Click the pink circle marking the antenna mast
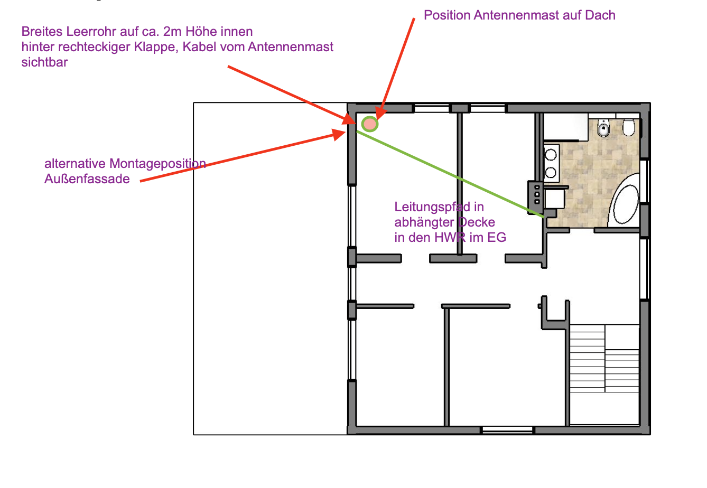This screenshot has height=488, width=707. point(369,124)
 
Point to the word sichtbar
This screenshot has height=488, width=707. point(44,62)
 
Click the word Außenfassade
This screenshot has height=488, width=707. point(87,179)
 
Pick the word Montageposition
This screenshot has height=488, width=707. point(157,164)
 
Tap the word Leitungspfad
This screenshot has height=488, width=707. point(432,207)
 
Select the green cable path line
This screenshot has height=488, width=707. point(450,174)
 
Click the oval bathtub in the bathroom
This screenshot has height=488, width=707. point(626,204)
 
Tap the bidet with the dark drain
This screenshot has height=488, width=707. point(603,128)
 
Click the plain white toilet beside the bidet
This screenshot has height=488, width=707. point(628,127)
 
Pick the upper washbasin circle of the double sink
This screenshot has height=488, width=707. point(551,155)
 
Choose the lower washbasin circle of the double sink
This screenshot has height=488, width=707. point(551,173)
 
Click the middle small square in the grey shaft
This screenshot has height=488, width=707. point(537,194)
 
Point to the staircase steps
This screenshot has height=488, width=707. point(604,359)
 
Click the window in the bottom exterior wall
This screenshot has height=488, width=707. point(507,429)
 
